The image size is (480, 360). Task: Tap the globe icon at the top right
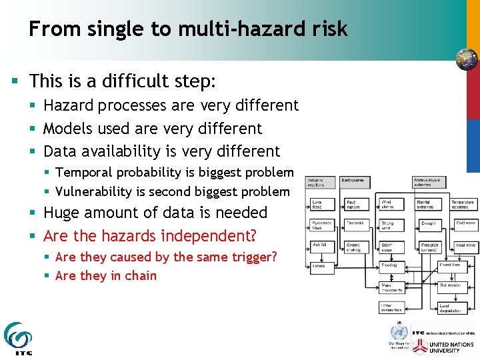tap(467, 59)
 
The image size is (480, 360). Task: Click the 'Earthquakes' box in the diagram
tap(353, 180)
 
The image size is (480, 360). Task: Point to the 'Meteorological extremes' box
tap(429, 181)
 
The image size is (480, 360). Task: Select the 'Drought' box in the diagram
tap(429, 225)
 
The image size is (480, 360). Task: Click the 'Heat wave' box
tap(465, 246)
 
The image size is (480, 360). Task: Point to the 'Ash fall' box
tap(320, 245)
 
